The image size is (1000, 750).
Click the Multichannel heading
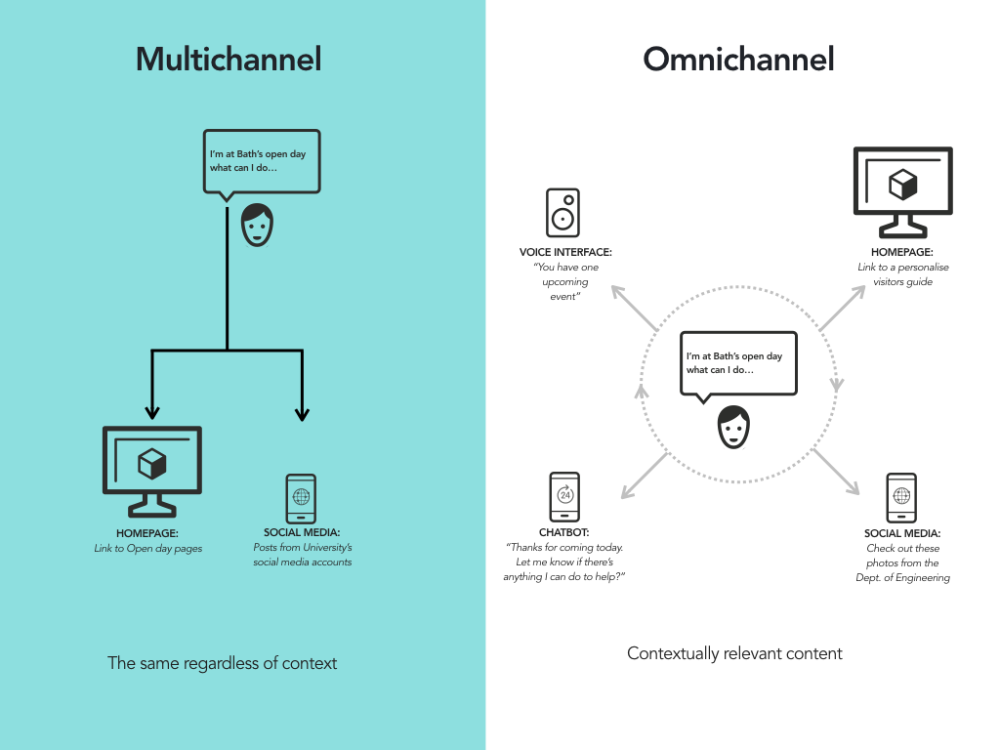click(x=229, y=60)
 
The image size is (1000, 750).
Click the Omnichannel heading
click(x=738, y=60)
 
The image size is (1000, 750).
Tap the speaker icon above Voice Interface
click(x=562, y=213)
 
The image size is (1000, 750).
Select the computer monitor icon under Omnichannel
click(x=903, y=192)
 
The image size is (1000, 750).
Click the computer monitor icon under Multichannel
click(x=152, y=472)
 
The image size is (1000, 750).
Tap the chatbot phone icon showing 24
click(x=564, y=497)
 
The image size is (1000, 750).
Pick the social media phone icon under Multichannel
click(x=301, y=499)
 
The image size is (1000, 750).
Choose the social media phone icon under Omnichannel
click(x=901, y=498)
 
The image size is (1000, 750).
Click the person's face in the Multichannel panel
click(x=257, y=226)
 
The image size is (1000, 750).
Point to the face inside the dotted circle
click(x=733, y=428)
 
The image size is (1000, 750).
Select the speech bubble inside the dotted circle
click(x=738, y=364)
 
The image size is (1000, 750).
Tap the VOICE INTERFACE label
click(x=565, y=252)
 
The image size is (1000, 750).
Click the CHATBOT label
click(x=563, y=532)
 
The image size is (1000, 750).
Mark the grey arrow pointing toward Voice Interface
click(x=634, y=308)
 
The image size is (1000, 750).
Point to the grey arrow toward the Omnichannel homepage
click(x=842, y=308)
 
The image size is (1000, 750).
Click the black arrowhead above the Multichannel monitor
click(x=151, y=411)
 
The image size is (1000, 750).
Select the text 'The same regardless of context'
click(x=222, y=663)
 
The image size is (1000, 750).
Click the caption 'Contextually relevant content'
click(x=734, y=653)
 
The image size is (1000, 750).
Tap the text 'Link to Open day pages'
click(x=148, y=549)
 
